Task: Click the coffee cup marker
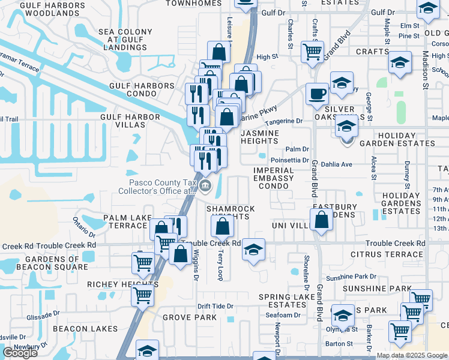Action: pos(317,94)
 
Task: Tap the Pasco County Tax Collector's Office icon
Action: pos(205,185)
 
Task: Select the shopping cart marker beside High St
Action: pos(312,52)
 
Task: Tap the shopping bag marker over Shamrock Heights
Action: pos(222,227)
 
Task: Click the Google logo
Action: pos(20,353)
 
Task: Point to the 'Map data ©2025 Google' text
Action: pos(412,355)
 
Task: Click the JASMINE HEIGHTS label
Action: pos(260,136)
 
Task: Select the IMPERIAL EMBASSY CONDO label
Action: pos(273,178)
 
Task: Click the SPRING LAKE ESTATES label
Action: pos(283,301)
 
